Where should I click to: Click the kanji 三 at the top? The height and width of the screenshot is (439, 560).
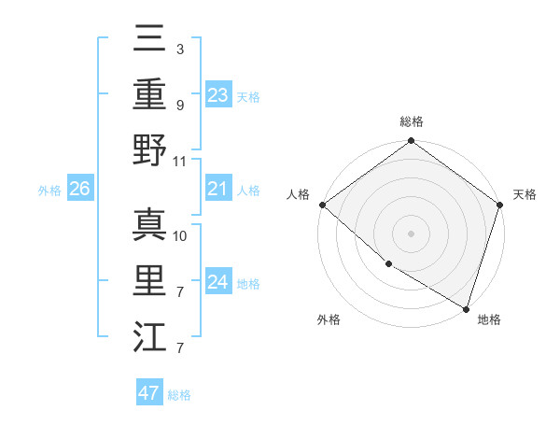point(149,40)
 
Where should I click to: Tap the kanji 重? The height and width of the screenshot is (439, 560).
point(149,94)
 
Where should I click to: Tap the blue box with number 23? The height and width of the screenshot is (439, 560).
point(218,94)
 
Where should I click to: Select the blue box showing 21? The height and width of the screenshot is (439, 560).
point(218,190)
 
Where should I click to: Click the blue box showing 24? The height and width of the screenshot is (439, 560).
point(218,283)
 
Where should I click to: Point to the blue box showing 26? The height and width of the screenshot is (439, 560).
point(79,190)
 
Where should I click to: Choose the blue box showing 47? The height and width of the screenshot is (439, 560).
point(149,393)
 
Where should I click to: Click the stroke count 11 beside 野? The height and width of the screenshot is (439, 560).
point(180,161)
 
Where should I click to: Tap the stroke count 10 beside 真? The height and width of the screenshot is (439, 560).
point(180,235)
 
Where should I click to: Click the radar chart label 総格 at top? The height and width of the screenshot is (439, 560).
point(411,122)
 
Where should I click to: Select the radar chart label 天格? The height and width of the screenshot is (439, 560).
point(525,194)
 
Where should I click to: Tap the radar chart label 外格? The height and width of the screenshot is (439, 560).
point(329,320)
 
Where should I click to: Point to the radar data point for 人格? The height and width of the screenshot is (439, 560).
point(322,205)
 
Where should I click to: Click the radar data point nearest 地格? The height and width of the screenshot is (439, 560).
point(465,307)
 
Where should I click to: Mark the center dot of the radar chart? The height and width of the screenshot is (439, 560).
point(411,233)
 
